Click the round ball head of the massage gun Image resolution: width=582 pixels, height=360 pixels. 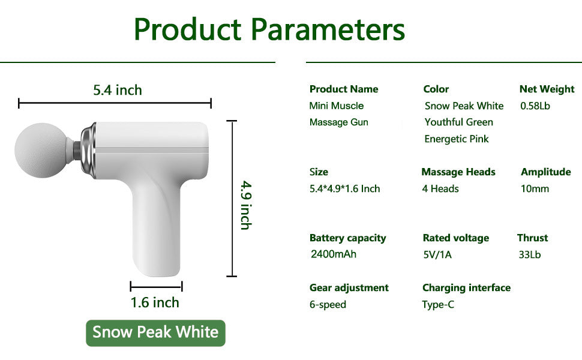click(x=41, y=151)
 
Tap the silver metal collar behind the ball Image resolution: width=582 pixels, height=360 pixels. click(x=88, y=150)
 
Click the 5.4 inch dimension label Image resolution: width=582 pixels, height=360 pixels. click(x=117, y=90)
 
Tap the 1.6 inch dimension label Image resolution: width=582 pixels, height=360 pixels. click(x=155, y=302)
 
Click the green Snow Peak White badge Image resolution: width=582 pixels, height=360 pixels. click(x=155, y=333)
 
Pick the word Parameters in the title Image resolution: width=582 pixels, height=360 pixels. click(x=328, y=29)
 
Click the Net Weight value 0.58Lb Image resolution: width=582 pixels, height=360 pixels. click(x=535, y=106)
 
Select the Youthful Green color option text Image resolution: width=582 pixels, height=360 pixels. click(x=459, y=122)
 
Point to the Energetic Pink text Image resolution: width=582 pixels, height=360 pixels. click(x=457, y=139)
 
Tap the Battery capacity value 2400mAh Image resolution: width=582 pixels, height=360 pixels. click(x=334, y=254)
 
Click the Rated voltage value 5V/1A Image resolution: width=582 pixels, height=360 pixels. click(x=437, y=254)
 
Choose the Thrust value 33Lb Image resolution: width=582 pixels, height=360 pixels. click(x=530, y=254)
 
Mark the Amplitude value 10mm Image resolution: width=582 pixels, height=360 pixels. click(x=535, y=189)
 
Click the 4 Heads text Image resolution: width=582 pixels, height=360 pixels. click(x=440, y=189)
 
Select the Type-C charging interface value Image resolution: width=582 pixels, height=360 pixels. click(x=438, y=305)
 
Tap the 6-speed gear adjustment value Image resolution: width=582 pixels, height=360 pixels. click(x=328, y=305)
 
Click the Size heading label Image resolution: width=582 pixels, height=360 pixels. click(x=319, y=172)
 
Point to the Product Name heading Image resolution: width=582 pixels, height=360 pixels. click(x=344, y=89)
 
